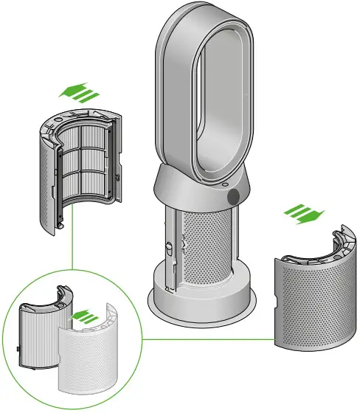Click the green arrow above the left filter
pyautogui.click(x=77, y=91)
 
